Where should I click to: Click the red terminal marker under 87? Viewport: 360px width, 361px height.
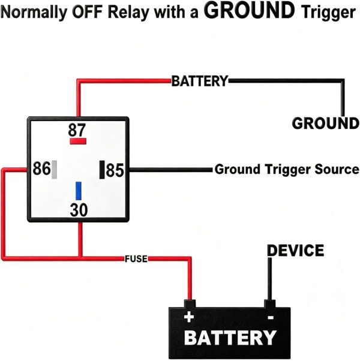tap(78, 141)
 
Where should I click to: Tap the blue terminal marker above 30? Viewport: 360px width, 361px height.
tap(79, 191)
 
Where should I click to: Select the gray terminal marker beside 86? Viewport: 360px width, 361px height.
tap(55, 170)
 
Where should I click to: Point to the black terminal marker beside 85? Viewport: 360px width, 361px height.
tap(102, 170)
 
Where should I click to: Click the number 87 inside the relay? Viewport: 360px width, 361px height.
tap(77, 130)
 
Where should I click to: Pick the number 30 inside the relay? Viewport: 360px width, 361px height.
tap(79, 210)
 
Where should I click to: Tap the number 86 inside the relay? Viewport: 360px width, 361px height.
tap(41, 169)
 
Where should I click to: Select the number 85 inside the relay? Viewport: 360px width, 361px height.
tap(115, 170)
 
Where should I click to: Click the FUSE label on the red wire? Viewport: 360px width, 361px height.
tap(136, 259)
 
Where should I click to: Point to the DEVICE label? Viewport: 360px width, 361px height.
tap(296, 251)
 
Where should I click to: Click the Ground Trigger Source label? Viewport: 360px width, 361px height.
tap(287, 169)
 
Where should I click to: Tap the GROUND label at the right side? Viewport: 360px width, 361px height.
tap(325, 123)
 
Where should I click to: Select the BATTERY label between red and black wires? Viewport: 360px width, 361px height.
tap(200, 81)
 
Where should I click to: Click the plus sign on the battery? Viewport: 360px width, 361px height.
tap(189, 317)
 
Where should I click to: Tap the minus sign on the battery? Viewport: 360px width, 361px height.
tap(271, 318)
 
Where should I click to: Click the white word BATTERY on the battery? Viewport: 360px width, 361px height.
tap(230, 337)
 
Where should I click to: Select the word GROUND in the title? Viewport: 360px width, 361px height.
tap(249, 10)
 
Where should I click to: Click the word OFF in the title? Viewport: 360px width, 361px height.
tap(87, 12)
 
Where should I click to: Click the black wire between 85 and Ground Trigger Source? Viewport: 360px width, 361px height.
tap(170, 170)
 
